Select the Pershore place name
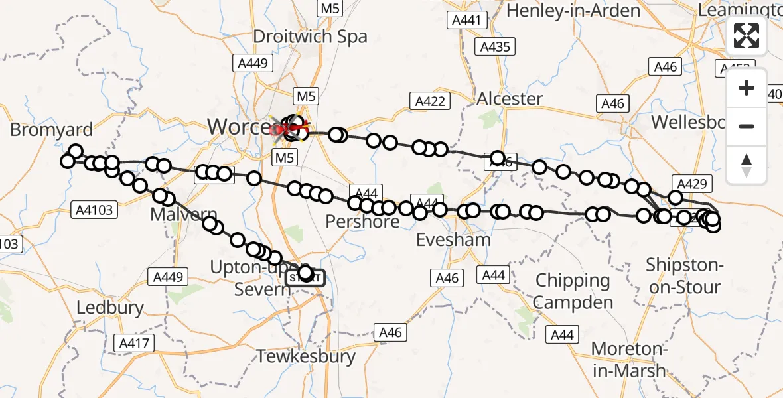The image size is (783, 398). (362, 221)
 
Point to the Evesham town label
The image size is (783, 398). (453, 239)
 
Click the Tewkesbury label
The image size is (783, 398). (306, 356)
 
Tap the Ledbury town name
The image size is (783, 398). (110, 308)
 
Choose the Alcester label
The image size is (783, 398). (510, 99)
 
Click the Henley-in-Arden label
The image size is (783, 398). (574, 11)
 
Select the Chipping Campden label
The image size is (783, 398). (573, 292)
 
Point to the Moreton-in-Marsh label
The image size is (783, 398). (628, 359)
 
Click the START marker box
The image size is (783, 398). (305, 278)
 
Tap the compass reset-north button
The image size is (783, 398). (747, 165)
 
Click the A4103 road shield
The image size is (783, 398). (95, 210)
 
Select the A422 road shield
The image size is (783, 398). (431, 101)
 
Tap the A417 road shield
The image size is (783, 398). (135, 343)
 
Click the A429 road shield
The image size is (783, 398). (693, 184)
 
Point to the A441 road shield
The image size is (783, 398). (465, 20)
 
